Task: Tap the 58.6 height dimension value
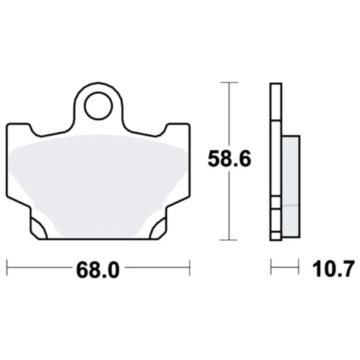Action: (231, 159)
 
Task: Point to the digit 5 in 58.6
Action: (215, 159)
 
